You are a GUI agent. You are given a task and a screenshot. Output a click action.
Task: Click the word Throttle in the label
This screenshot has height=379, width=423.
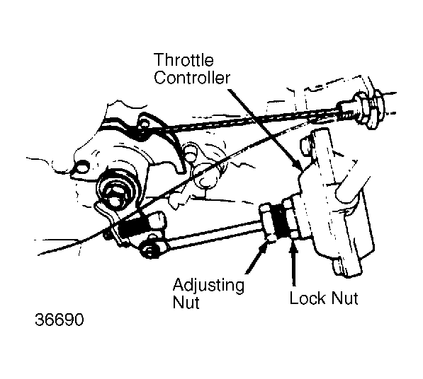click(x=184, y=60)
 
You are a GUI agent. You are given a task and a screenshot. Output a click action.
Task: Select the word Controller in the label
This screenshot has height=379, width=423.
click(x=192, y=78)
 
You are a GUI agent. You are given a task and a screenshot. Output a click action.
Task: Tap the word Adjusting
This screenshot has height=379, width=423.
click(x=208, y=286)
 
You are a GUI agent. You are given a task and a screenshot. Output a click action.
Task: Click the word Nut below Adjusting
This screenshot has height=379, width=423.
click(x=186, y=302)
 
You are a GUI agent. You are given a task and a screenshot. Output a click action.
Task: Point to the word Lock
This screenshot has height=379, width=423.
click(x=308, y=298)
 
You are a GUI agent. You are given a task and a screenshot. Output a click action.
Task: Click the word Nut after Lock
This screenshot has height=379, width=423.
click(x=345, y=298)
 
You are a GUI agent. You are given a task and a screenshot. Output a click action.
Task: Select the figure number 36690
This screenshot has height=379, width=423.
click(x=60, y=320)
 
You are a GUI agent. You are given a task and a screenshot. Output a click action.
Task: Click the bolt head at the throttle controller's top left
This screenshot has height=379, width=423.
click(x=307, y=146)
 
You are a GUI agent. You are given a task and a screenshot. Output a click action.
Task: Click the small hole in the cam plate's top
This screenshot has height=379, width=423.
click(x=145, y=124)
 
